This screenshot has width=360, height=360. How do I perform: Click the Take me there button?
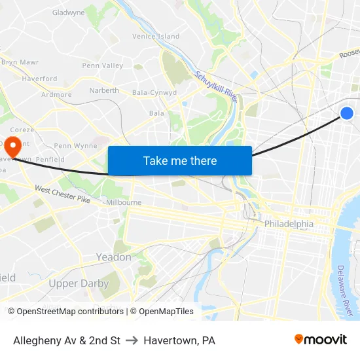click(x=179, y=160)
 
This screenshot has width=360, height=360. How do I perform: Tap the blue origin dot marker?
click(x=347, y=113)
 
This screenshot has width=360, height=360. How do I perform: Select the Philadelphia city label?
click(x=289, y=224)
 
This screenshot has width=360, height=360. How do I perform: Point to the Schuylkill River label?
click(x=217, y=86)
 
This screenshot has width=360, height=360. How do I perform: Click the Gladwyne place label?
click(x=68, y=12)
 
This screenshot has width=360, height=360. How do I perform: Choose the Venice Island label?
click(x=156, y=36)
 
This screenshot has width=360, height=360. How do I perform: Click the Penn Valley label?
click(x=103, y=65)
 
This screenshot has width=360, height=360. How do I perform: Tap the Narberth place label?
click(x=104, y=90)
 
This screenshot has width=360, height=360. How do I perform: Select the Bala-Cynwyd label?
click(x=154, y=93)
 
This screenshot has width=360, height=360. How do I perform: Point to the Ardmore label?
click(x=56, y=94)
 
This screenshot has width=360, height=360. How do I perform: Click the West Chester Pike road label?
click(x=62, y=194)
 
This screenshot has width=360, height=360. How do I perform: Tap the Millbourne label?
click(x=123, y=203)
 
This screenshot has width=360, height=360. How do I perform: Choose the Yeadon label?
click(x=114, y=257)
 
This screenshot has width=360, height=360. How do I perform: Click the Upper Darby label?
click(x=79, y=283)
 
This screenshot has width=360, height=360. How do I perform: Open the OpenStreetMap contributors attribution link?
click(x=70, y=312)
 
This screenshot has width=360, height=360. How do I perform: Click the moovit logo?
click(x=321, y=340)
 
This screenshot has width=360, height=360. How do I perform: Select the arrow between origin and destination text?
click(x=132, y=340)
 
